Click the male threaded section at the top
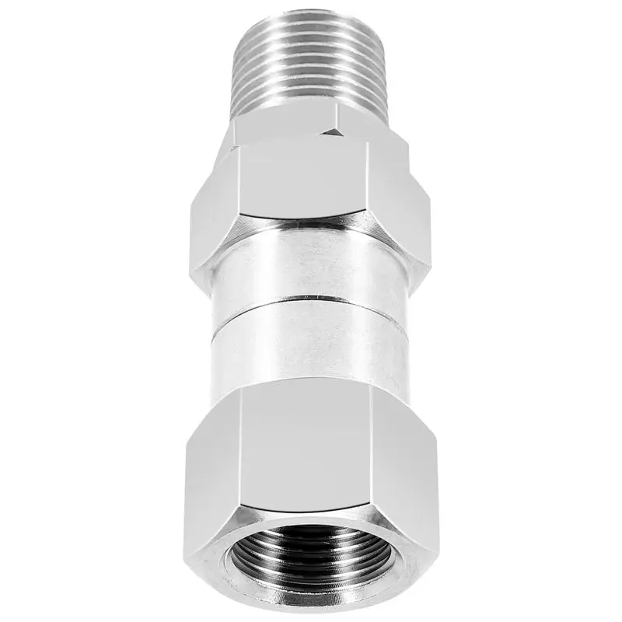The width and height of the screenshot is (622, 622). click(x=311, y=66)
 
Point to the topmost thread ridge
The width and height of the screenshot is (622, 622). click(x=311, y=17)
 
